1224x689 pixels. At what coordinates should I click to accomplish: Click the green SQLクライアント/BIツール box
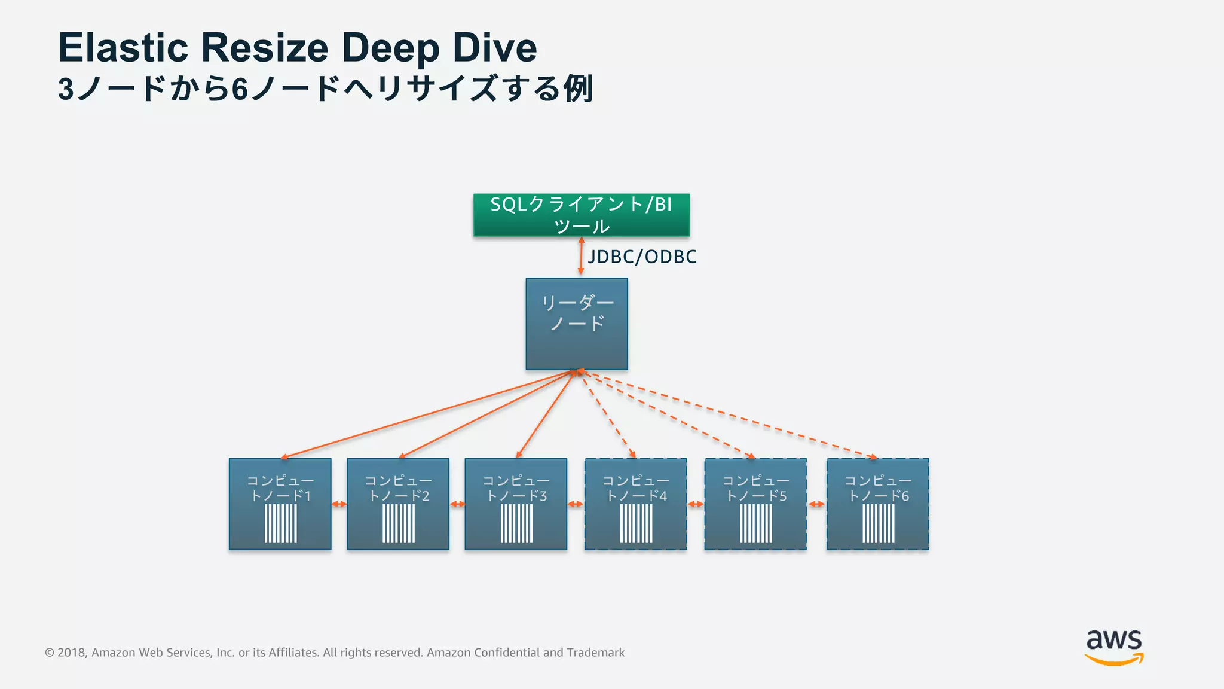tap(581, 215)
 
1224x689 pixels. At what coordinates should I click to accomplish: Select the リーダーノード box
tap(577, 324)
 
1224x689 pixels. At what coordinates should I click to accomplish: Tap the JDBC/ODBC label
tap(642, 257)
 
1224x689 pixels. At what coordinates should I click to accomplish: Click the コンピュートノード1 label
tap(280, 488)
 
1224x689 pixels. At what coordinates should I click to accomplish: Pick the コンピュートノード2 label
tap(398, 488)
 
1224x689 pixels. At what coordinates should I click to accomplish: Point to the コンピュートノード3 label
tap(516, 488)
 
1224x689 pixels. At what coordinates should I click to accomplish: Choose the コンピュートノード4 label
tap(636, 488)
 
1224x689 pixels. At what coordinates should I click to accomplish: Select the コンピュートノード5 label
tap(756, 488)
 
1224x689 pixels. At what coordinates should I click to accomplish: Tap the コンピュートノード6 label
tap(878, 488)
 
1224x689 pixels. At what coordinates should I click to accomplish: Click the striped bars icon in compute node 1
tap(281, 523)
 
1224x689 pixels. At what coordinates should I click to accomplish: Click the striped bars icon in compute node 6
tap(879, 523)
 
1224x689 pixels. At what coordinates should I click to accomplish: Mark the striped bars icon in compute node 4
tap(637, 523)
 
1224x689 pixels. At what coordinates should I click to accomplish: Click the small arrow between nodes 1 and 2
tap(339, 504)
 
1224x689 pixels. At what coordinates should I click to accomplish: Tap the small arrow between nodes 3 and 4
tap(576, 504)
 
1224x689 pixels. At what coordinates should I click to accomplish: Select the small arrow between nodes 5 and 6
tap(816, 504)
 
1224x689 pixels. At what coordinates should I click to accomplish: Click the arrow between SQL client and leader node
tap(581, 256)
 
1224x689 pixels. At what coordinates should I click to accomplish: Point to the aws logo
tap(1114, 647)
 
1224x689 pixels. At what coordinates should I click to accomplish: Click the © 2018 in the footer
tap(66, 653)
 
